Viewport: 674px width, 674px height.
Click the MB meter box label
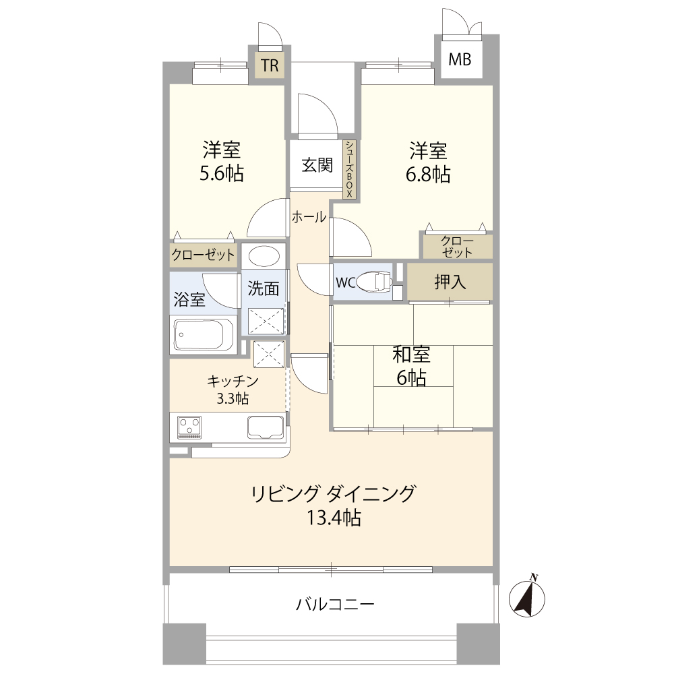coord(460,59)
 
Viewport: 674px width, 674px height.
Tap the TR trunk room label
coord(270,66)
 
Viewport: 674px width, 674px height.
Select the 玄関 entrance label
coord(317,165)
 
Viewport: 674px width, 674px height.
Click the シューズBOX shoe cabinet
coord(349,169)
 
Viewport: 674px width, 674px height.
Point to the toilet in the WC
coord(375,282)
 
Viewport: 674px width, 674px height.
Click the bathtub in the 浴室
coord(204,335)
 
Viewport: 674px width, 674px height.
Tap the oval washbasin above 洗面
coord(264,256)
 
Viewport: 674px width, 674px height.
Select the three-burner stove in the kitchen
coord(189,427)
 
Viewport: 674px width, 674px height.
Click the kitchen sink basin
coord(266,427)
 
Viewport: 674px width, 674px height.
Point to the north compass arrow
coord(527,596)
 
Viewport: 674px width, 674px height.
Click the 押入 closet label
coord(450,282)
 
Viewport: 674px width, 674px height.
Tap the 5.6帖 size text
coord(221,173)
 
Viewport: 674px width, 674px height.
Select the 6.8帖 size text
coord(428,175)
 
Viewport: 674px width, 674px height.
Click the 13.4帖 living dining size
coord(334,518)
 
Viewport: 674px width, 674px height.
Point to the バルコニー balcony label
coord(335,605)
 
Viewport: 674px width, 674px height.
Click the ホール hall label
coord(309,217)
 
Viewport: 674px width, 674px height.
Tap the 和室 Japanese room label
coord(411,355)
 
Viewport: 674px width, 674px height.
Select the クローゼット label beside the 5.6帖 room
coord(204,255)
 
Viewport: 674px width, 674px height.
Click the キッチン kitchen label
coord(233,381)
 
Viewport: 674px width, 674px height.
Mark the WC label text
coord(346,282)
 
